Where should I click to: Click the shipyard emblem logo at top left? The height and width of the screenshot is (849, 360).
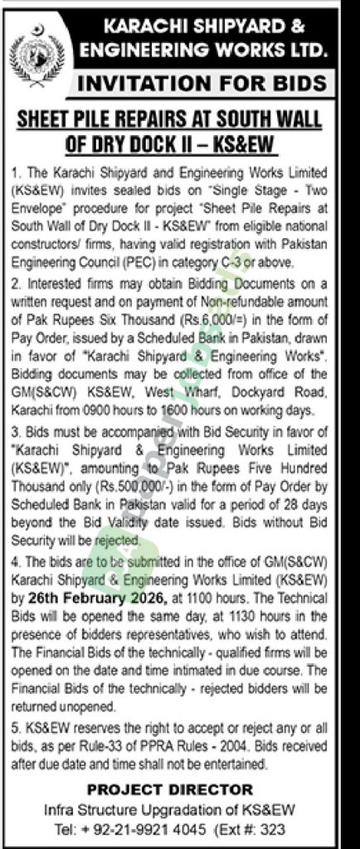coord(36,46)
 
